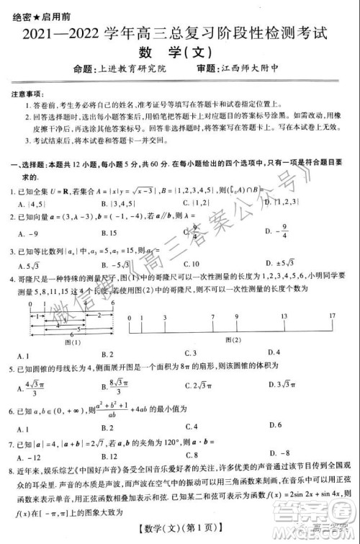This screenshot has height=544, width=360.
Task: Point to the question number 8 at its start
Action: [x=13, y=468]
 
